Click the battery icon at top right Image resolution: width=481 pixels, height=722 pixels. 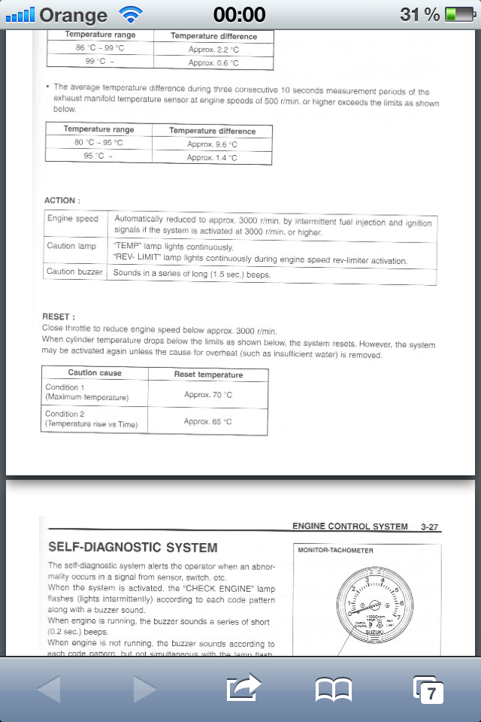tap(458, 14)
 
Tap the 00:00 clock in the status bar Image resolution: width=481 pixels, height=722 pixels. tap(240, 14)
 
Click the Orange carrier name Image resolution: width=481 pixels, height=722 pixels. tap(73, 14)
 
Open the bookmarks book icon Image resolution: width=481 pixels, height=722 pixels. tap(334, 689)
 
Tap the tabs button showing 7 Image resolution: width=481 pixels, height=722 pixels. tap(429, 689)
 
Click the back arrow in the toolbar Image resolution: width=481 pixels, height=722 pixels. tap(49, 689)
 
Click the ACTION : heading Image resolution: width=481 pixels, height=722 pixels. tap(62, 201)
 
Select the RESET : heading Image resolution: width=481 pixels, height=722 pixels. tap(59, 317)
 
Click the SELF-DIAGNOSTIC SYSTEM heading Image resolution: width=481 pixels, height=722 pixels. tap(132, 548)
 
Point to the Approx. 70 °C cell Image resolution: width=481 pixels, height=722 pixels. tap(208, 395)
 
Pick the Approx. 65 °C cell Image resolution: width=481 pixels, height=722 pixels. tap(208, 422)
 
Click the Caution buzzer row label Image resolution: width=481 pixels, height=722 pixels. tap(74, 272)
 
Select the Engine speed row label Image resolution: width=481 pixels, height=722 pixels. tap(73, 219)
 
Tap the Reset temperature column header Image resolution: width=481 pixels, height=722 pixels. tap(208, 375)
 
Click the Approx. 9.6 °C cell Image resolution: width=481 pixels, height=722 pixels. tap(212, 144)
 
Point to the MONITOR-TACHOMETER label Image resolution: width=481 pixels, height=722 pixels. tap(335, 551)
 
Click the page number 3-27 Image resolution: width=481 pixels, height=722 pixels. tap(430, 527)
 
